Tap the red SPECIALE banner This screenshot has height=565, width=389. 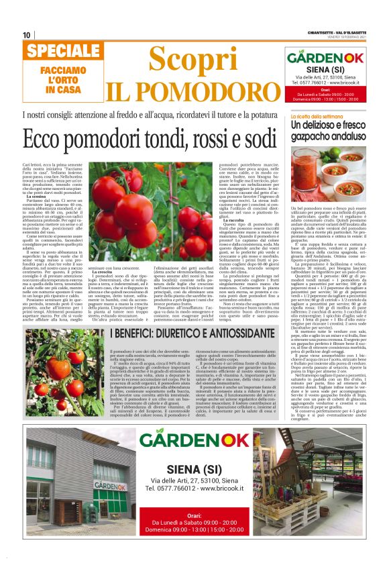[x=55, y=52]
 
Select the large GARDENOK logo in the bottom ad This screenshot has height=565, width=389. [x=199, y=441]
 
